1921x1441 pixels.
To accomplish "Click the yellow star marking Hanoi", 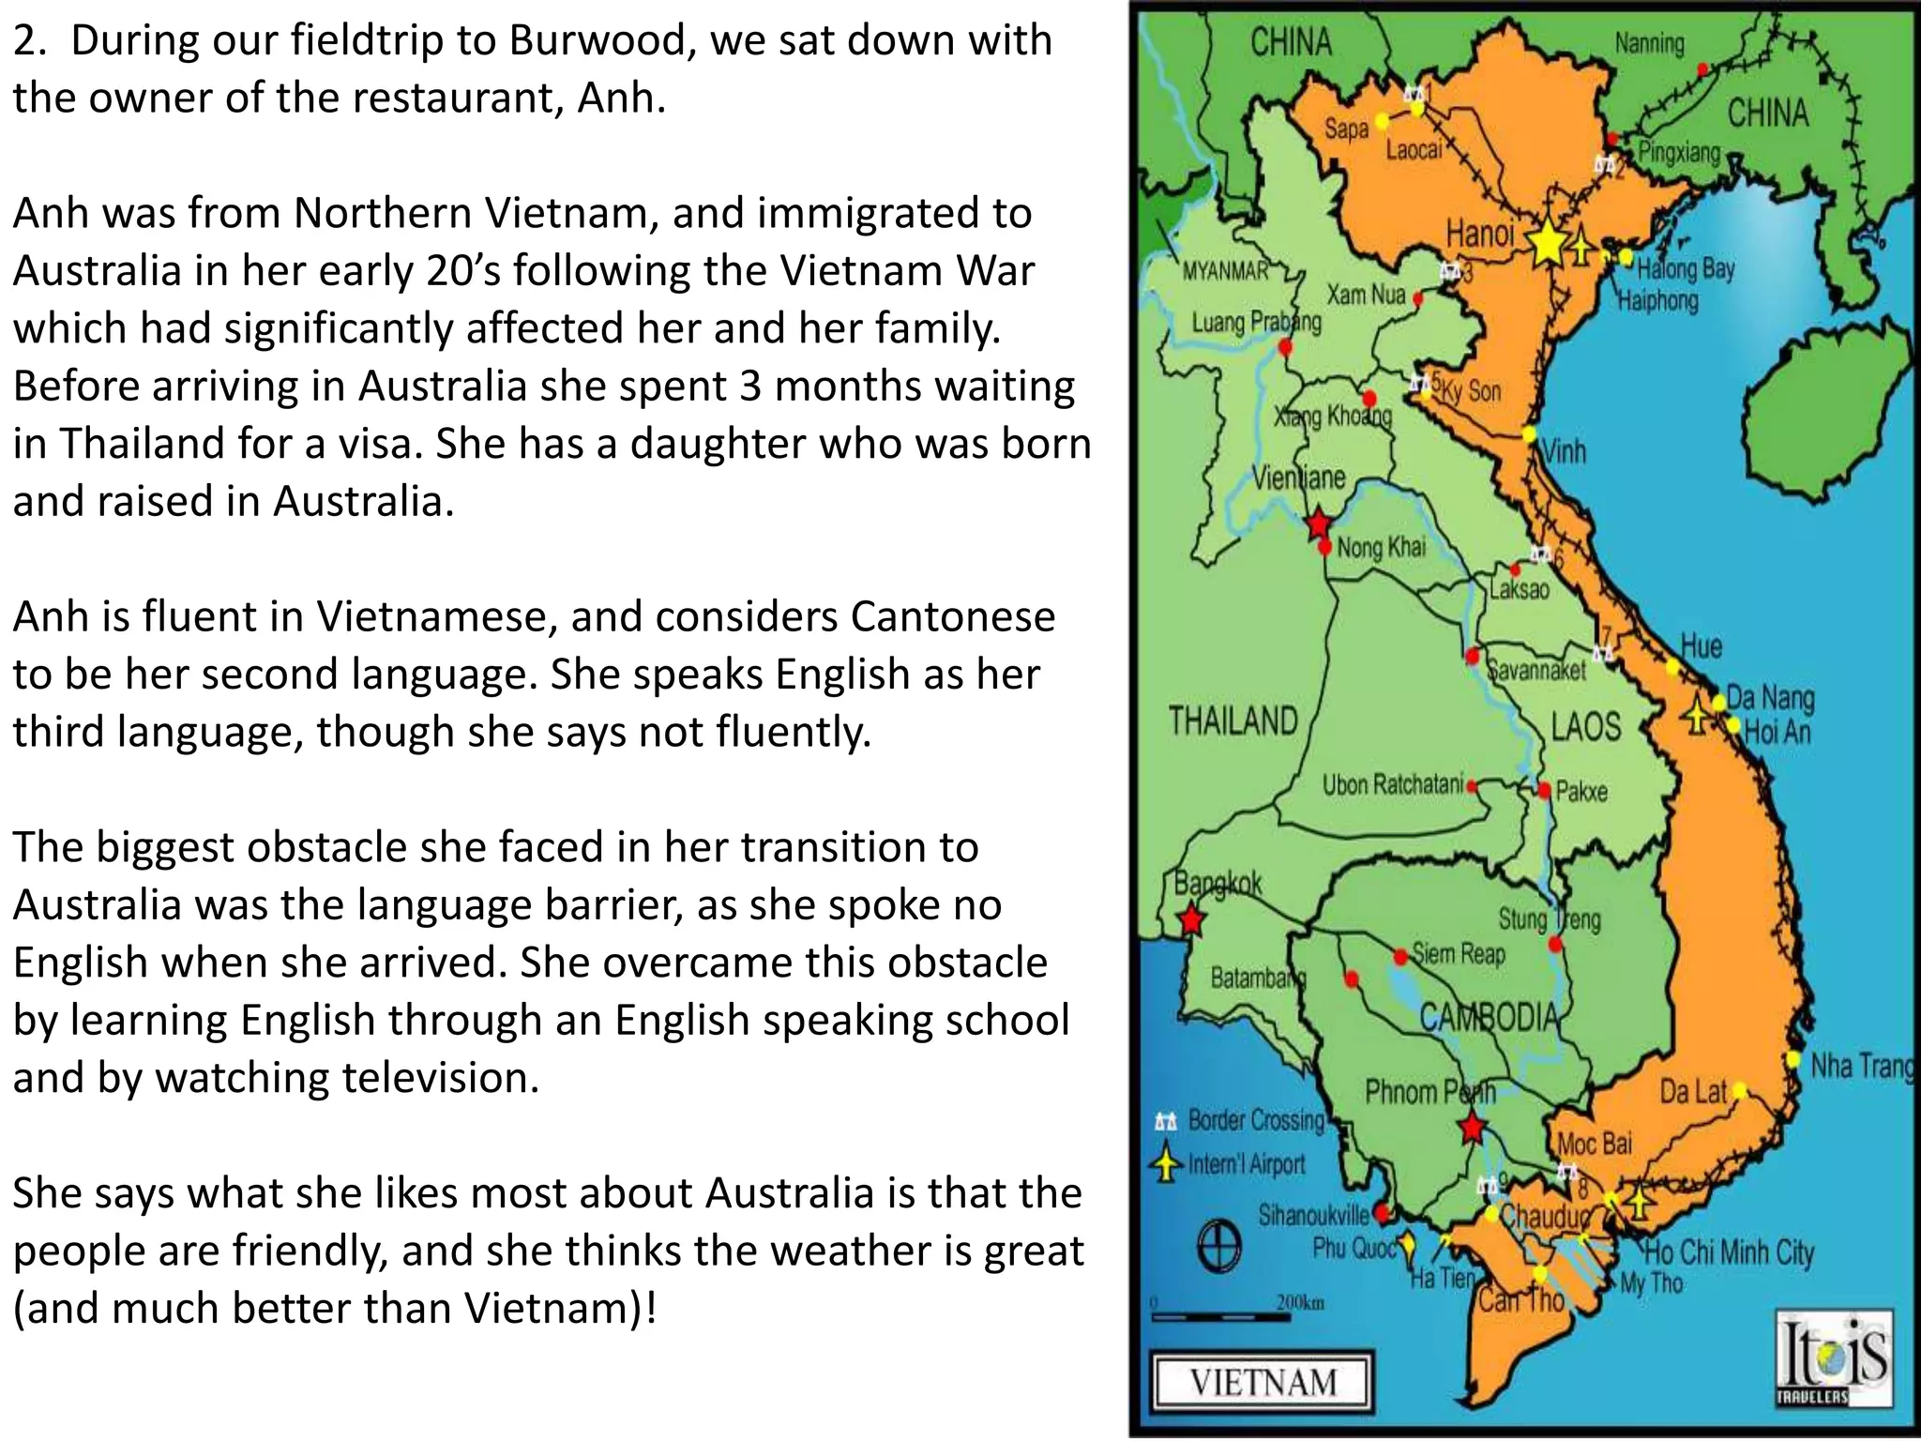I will [1547, 243].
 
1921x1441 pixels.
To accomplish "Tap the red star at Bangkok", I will [1190, 919].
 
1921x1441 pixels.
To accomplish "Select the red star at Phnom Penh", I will [1472, 1127].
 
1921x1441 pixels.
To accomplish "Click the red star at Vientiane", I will [1319, 523].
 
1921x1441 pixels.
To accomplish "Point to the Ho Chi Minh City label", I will [1729, 1252].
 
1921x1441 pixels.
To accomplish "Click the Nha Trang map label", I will [1861, 1066].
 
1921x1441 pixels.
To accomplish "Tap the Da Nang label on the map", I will [1770, 698].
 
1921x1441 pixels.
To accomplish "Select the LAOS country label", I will [1585, 726].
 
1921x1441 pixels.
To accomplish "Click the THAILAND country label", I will [1233, 720].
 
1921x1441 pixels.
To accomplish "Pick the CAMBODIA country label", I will [1489, 1016].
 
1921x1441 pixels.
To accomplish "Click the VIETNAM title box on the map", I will [1263, 1382].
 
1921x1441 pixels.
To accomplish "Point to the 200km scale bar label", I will [1300, 1302].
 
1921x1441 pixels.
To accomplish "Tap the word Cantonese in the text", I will [952, 617].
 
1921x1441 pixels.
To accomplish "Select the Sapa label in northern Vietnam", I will [1346, 129].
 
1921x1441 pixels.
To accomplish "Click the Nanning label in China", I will [1649, 43].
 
